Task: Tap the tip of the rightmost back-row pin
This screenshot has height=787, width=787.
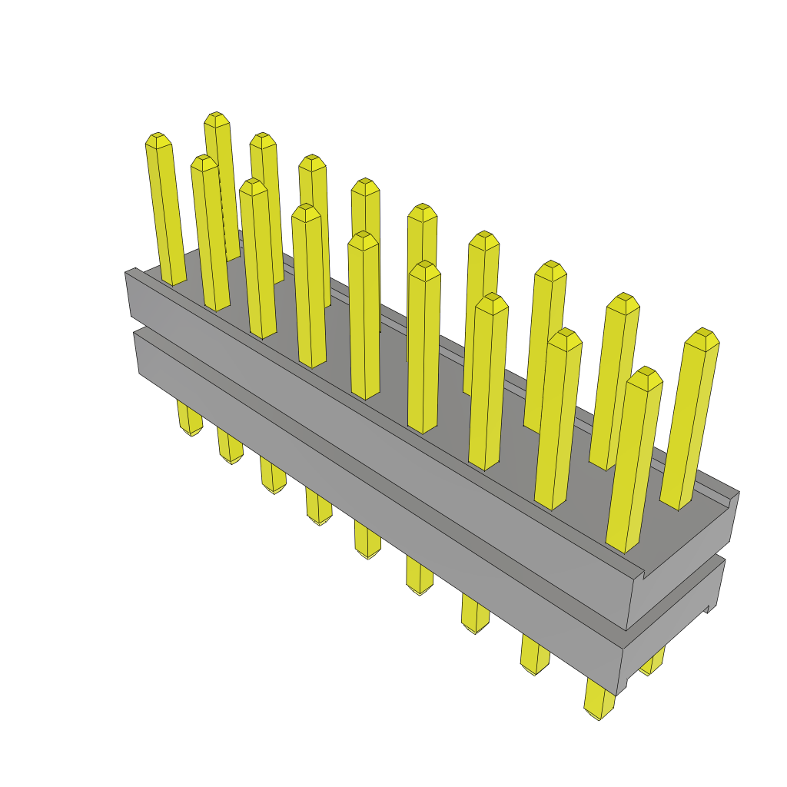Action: [x=702, y=337]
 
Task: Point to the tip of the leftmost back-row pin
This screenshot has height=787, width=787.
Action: [x=217, y=119]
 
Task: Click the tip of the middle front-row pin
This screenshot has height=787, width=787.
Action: [x=364, y=240]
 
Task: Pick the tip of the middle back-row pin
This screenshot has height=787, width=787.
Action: [x=423, y=213]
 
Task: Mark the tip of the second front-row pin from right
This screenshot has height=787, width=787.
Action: [x=566, y=338]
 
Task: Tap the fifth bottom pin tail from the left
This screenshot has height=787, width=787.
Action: [x=367, y=548]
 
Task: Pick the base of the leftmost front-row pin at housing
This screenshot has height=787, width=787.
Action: [x=174, y=280]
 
